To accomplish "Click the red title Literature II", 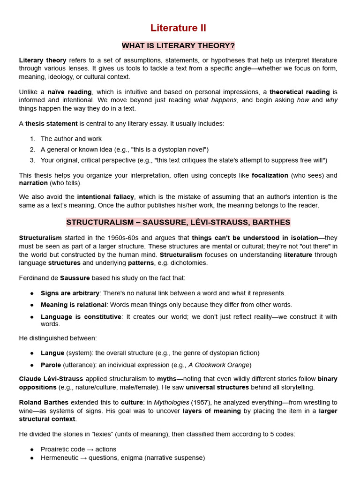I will [178, 28].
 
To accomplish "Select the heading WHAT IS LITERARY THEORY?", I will [178, 45].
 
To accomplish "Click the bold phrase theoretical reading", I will [300, 92].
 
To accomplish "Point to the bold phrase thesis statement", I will [51, 124].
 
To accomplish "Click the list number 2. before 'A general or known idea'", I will [32, 150].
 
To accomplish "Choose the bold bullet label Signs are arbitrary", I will [70, 293].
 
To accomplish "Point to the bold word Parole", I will [51, 365].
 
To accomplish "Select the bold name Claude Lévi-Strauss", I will [51, 379].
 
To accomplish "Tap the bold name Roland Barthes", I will [44, 403].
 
